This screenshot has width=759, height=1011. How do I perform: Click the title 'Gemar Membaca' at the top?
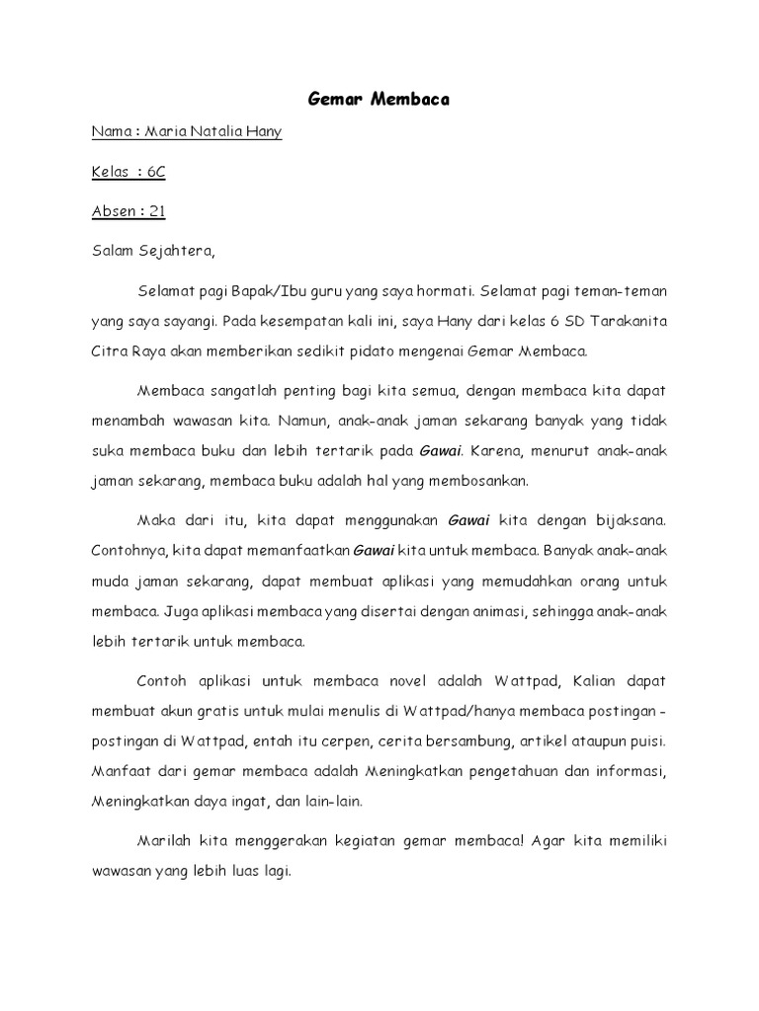click(379, 100)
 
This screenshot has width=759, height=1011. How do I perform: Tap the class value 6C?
click(156, 172)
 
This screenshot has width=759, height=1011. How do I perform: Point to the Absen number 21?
click(157, 211)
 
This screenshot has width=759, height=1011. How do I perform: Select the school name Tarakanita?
click(619, 321)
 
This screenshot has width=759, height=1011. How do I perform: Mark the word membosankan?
click(479, 481)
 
